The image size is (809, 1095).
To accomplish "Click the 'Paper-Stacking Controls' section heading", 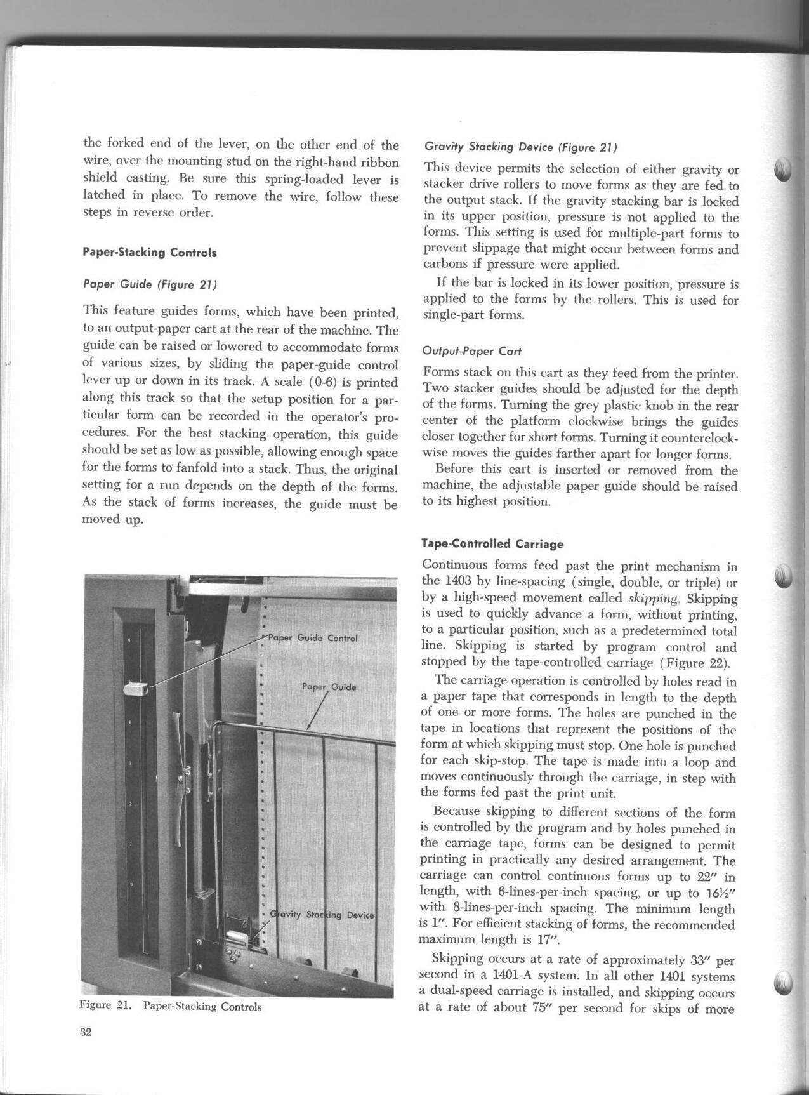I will point(150,253).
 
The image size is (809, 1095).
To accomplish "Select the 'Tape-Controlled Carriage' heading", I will point(492,544).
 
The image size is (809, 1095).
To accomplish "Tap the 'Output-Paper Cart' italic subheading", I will point(472,351).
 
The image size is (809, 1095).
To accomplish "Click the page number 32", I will point(86,1032).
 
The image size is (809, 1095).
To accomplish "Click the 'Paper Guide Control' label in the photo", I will point(313,638).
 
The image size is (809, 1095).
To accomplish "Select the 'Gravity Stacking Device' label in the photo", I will point(323,915).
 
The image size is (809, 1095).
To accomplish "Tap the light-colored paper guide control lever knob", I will point(136,689).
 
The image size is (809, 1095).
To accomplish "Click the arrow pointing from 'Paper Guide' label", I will point(315,711).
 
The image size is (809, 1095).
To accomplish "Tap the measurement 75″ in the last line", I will point(545,1008).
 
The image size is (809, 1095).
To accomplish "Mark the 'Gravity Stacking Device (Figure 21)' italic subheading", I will point(520,147).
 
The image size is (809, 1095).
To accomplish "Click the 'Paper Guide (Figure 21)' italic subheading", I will point(150,285).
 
